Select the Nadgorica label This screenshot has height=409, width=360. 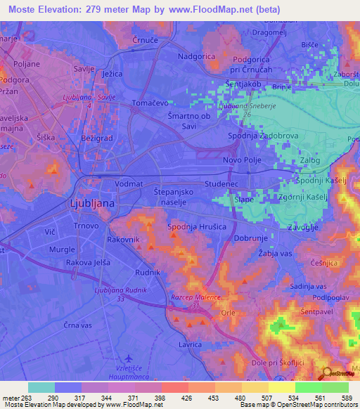200,54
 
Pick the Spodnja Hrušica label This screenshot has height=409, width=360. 195,228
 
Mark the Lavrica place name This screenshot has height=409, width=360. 191,345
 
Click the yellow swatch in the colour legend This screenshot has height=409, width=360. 281,387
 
